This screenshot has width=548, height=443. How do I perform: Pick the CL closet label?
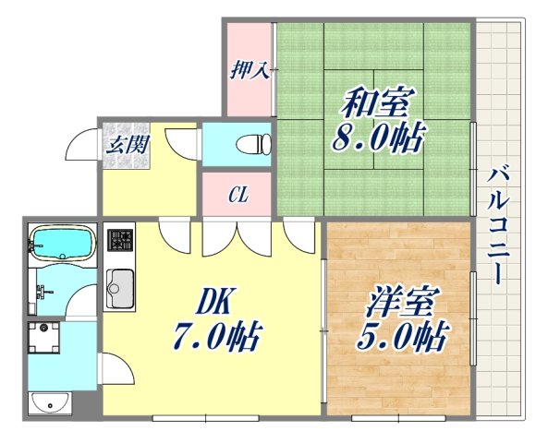[x=237, y=195]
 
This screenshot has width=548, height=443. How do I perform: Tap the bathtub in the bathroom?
[x=61, y=245]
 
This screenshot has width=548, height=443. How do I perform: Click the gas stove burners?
[x=119, y=242]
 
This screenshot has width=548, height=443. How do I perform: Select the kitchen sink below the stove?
[x=119, y=287]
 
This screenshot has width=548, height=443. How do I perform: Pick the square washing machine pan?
[x=44, y=339]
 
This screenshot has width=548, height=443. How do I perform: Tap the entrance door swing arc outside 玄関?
[x=83, y=148]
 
